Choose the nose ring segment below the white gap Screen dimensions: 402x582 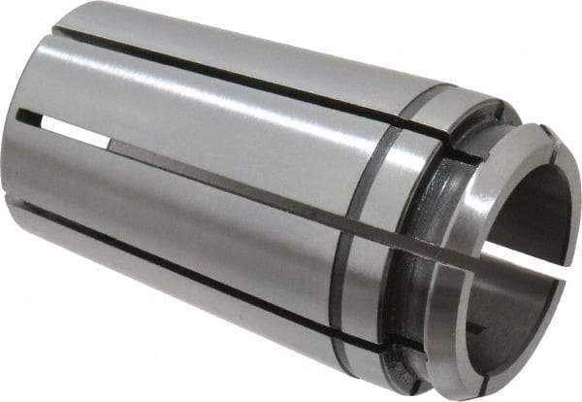(x=485, y=320)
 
